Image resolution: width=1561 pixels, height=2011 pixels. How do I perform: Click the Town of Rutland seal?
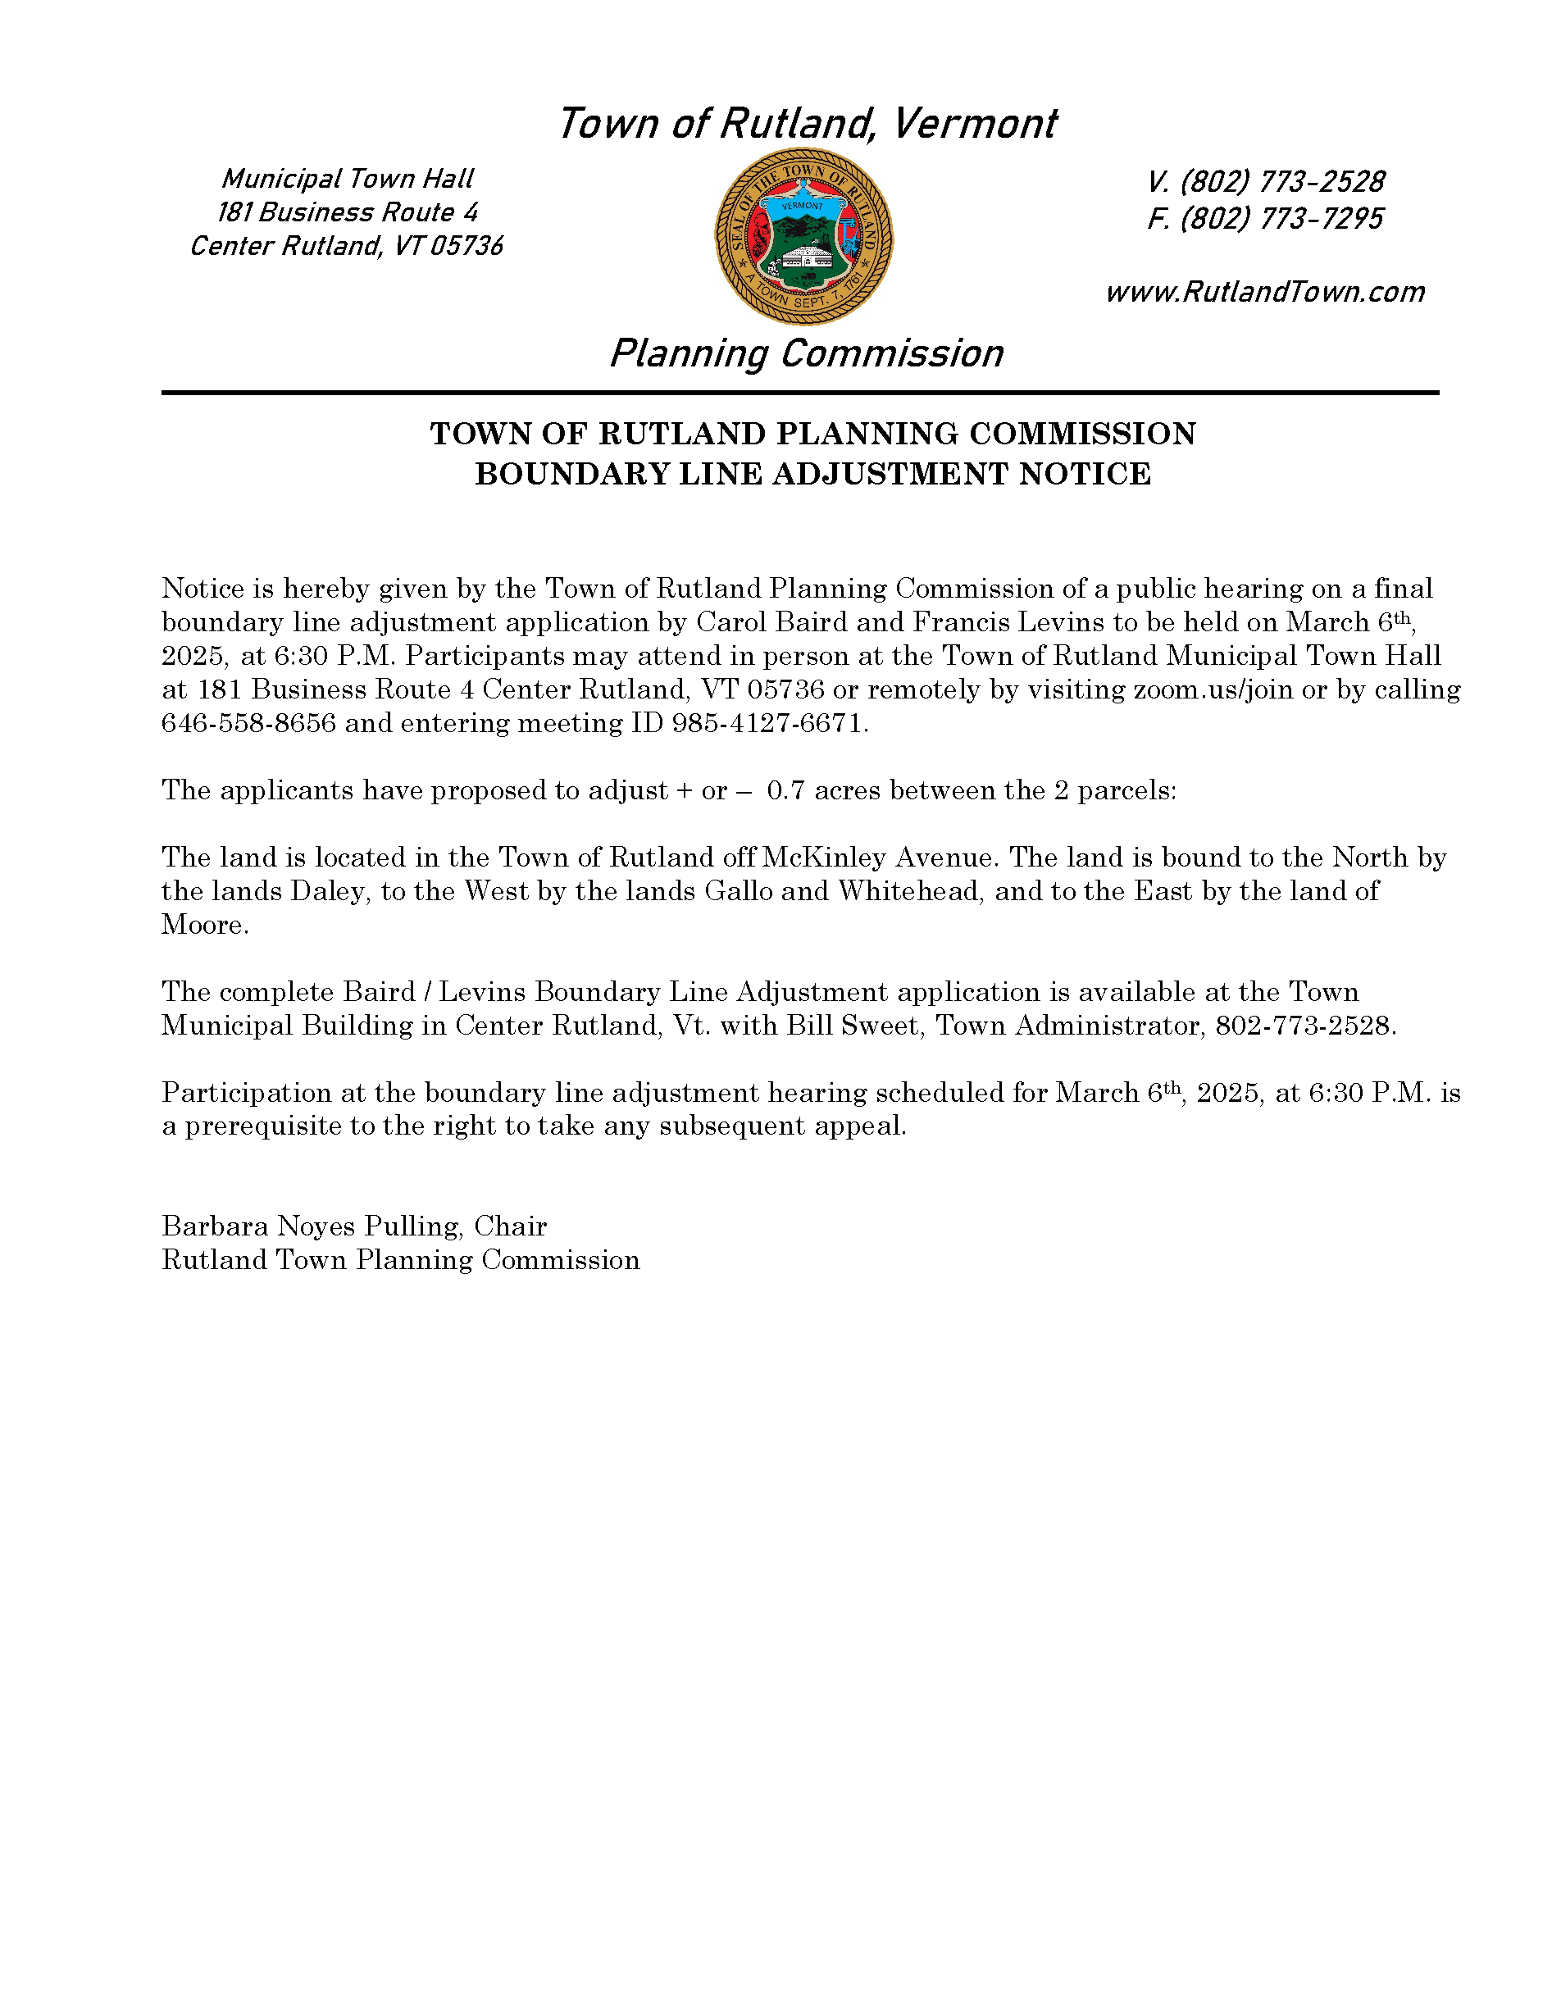pos(803,237)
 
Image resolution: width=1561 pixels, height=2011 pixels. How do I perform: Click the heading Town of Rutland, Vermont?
pos(807,124)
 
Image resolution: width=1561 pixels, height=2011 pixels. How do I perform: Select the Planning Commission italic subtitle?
pos(806,353)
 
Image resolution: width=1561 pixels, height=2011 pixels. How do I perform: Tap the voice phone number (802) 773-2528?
pos(1281,181)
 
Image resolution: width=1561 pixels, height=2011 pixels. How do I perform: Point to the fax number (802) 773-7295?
pos(1281,219)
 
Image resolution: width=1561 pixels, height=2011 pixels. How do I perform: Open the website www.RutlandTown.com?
pos(1264,292)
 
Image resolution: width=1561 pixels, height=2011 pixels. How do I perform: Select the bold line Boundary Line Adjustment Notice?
pos(812,474)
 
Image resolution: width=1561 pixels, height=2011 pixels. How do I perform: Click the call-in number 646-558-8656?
pos(248,724)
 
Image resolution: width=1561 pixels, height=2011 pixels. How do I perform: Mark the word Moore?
pos(203,926)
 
